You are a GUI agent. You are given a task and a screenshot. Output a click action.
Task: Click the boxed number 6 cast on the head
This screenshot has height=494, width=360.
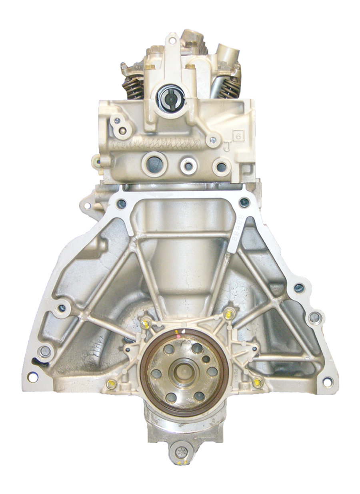[x=242, y=137]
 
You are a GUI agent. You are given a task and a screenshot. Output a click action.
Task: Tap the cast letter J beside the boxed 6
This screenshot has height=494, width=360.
[x=228, y=147]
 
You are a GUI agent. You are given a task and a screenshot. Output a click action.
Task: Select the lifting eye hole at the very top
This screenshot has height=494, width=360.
[x=173, y=40]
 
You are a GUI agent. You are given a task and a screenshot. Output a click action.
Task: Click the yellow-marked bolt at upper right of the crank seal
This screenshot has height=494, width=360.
[x=229, y=312]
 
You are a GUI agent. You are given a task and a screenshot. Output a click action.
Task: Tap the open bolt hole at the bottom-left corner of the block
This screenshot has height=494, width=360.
[x=31, y=377]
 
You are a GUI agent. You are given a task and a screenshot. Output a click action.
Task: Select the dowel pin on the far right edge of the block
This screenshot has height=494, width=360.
[x=314, y=318]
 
